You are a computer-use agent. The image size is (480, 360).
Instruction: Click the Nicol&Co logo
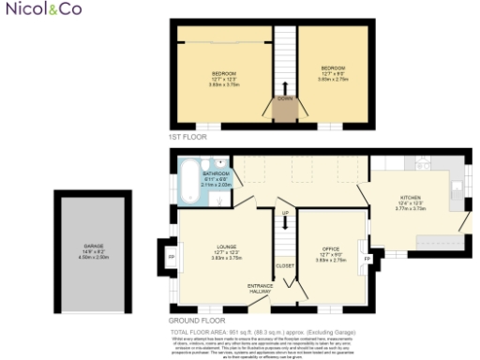point(31,10)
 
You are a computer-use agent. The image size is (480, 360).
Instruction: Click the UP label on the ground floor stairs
point(284,213)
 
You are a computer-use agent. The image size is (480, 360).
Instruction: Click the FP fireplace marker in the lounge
point(171,255)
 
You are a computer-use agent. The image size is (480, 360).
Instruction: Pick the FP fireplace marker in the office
point(367,257)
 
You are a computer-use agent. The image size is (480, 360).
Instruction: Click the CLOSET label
point(286,265)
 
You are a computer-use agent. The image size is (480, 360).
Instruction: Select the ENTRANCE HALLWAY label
point(258,287)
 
